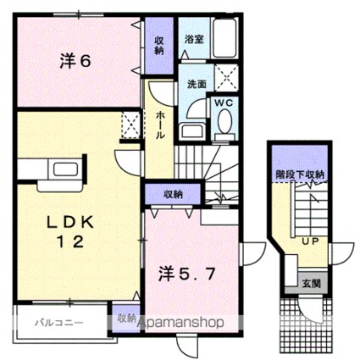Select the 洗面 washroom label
pyautogui.click(x=197, y=85)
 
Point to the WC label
pyautogui.click(x=224, y=104)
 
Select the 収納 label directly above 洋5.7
pyautogui.click(x=172, y=195)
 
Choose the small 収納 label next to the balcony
pyautogui.click(x=126, y=318)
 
